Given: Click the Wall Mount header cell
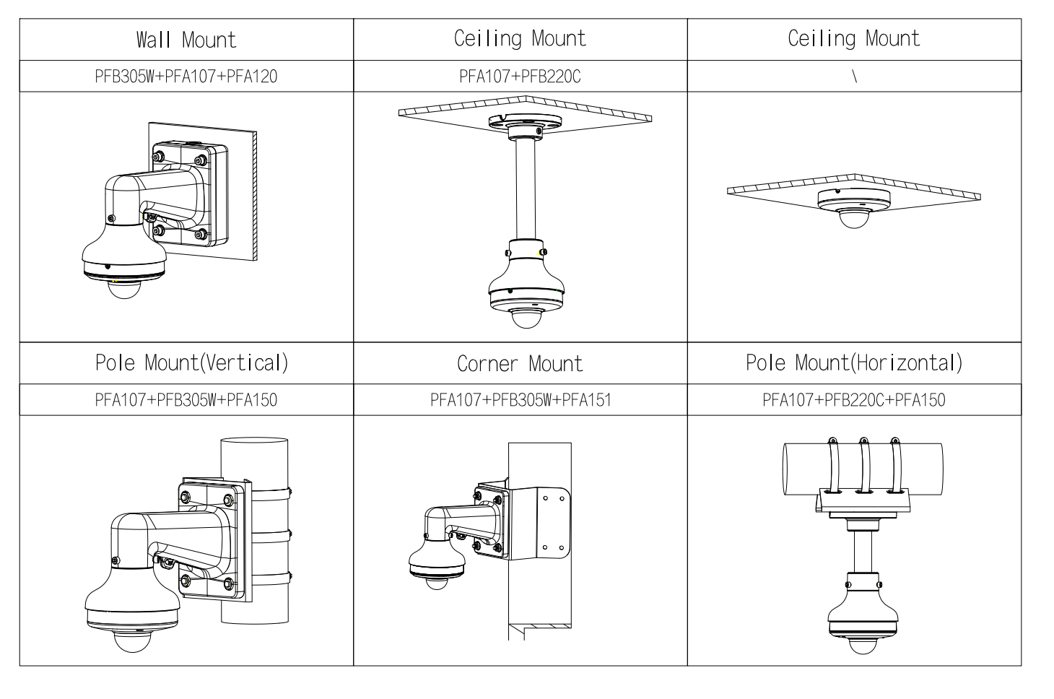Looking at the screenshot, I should click(x=186, y=40).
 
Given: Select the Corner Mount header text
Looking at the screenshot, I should click(x=520, y=363).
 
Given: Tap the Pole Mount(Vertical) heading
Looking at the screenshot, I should click(x=191, y=362).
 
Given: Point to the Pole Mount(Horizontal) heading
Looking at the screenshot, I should click(x=854, y=362).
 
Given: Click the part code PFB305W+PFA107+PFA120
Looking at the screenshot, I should click(x=186, y=77).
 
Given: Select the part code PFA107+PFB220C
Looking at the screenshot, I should click(x=520, y=77).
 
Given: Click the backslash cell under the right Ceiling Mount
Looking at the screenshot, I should click(x=854, y=77).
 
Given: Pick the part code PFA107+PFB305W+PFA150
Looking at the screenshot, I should click(x=186, y=400).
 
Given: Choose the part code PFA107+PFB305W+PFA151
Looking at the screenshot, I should click(x=520, y=400).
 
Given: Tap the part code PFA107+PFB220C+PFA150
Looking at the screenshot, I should click(x=854, y=400).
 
